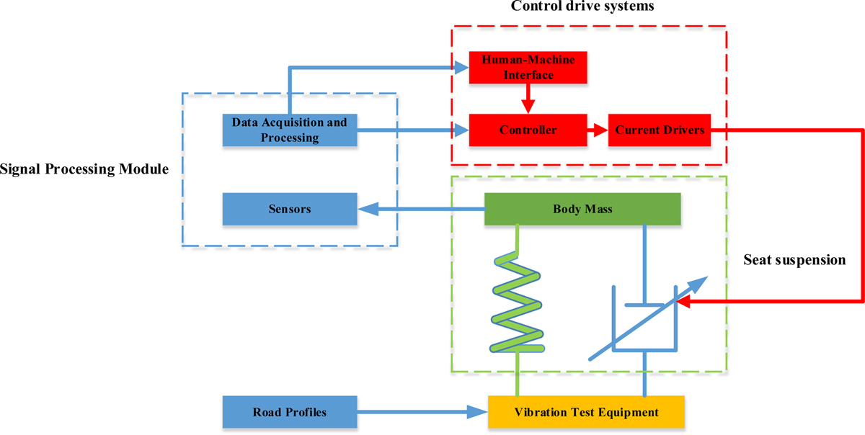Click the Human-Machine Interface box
[528, 67]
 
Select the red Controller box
[528, 130]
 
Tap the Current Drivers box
[660, 130]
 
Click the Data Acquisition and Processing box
[289, 130]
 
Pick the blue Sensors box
[289, 210]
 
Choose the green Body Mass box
[582, 210]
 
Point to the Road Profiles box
[289, 413]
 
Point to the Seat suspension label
[794, 260]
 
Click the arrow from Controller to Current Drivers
[598, 130]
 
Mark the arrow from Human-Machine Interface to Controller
[528, 98]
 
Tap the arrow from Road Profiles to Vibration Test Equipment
[422, 413]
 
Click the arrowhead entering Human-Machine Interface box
[461, 68]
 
